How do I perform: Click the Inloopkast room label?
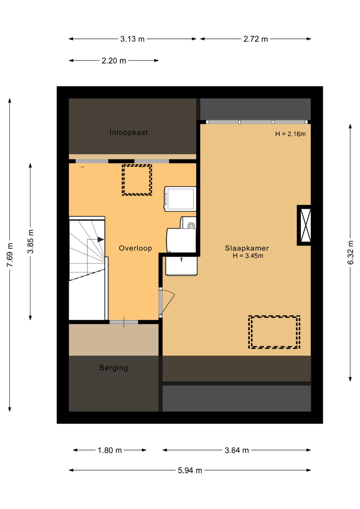(x=129, y=132)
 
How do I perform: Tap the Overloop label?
(x=135, y=248)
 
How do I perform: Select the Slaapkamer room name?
(x=247, y=248)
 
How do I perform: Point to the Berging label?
(x=114, y=368)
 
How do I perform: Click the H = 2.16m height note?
(x=290, y=134)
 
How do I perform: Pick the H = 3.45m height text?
(x=248, y=256)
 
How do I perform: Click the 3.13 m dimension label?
(x=132, y=39)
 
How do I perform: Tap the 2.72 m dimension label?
(x=256, y=39)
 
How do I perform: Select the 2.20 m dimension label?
(x=114, y=61)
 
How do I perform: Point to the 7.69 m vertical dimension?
(x=10, y=255)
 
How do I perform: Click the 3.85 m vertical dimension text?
(x=31, y=241)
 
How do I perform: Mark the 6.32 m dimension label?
(x=350, y=252)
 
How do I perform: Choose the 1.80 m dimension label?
(x=110, y=450)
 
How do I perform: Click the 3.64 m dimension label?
(x=237, y=450)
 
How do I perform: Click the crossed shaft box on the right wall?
(x=304, y=225)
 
